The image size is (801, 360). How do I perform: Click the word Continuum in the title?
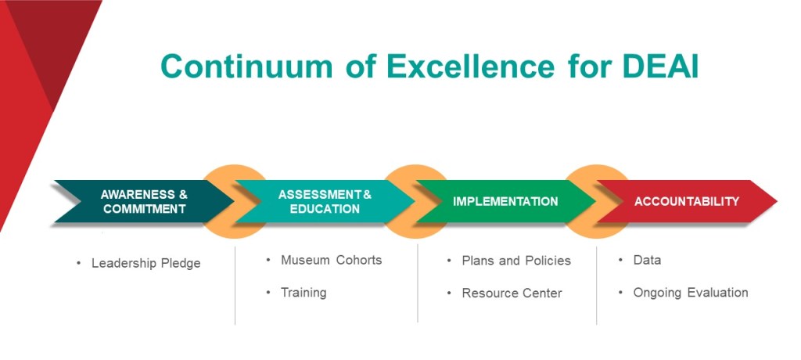(246, 67)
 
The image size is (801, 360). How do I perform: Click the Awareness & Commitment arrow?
(144, 201)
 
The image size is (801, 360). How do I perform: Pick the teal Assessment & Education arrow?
(325, 201)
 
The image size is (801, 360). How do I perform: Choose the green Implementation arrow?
(506, 201)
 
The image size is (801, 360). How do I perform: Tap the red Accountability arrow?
(687, 201)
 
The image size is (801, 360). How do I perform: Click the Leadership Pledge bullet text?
(146, 264)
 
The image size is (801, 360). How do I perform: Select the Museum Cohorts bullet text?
(332, 260)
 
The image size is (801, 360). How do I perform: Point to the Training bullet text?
(304, 293)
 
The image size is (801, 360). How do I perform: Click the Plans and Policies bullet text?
(516, 261)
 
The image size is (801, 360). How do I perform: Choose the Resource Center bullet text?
(512, 293)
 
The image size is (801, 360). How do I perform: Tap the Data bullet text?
(647, 260)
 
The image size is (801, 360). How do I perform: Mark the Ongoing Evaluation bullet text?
(691, 293)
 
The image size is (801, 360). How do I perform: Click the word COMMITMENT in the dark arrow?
(144, 209)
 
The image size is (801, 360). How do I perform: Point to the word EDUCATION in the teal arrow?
(325, 209)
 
